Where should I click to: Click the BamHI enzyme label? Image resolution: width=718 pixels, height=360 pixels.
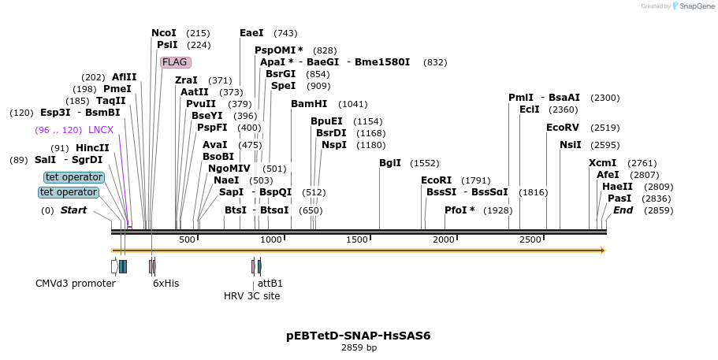click(308, 104)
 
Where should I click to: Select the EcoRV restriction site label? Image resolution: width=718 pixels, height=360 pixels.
click(562, 128)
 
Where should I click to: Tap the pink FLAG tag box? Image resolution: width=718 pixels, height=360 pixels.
click(175, 62)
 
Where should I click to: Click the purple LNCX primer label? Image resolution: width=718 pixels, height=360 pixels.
click(101, 130)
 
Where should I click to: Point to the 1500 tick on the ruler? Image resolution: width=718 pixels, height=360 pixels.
click(358, 239)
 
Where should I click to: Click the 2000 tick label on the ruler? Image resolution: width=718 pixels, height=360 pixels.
click(445, 239)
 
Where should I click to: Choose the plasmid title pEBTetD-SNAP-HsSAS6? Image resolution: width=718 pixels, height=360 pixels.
click(358, 336)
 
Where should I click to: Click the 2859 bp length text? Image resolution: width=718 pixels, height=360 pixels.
click(359, 347)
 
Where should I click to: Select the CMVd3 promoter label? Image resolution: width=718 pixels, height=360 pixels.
click(76, 284)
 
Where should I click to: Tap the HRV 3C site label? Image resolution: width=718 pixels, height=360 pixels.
click(251, 296)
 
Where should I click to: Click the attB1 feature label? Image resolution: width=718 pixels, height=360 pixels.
click(270, 284)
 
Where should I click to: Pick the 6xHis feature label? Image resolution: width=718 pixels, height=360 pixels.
click(166, 284)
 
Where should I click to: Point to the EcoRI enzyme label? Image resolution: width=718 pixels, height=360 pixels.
click(436, 180)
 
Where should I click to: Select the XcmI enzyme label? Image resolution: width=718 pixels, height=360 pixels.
click(602, 163)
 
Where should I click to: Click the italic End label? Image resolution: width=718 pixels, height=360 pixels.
click(623, 210)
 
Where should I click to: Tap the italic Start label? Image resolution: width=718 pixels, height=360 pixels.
click(73, 210)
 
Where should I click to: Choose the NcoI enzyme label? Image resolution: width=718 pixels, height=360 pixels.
click(164, 33)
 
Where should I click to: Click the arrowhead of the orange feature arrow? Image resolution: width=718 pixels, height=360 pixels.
click(602, 251)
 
